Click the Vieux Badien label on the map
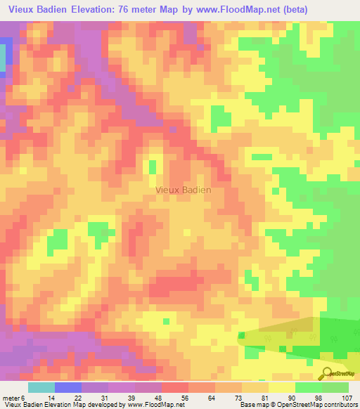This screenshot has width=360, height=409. (x=183, y=190)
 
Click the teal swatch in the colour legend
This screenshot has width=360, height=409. (x=41, y=387)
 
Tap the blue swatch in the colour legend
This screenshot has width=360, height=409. (x=67, y=387)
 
